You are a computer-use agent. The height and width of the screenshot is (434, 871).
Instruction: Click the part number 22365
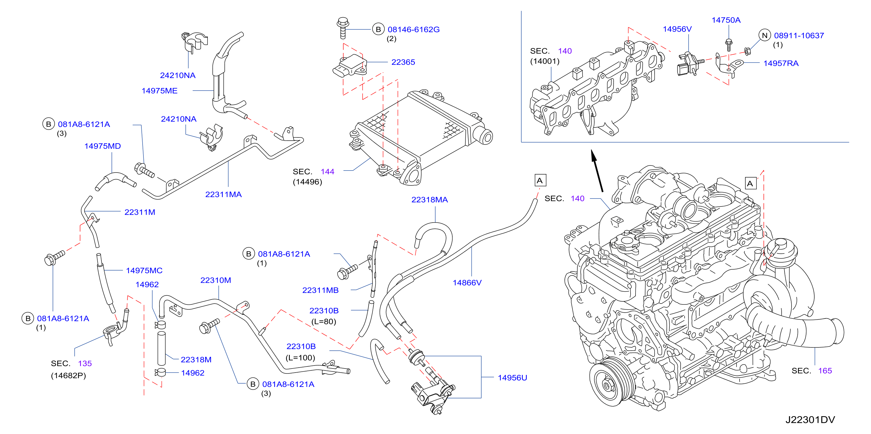point(403,62)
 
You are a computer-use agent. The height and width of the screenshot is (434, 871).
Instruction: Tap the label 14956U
point(512,378)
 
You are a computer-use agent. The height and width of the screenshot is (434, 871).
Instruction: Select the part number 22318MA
point(430,200)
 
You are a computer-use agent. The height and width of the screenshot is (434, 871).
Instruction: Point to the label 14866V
point(467,283)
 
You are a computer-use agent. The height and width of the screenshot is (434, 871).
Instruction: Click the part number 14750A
point(726,20)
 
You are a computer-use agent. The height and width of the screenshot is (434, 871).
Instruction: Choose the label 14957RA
point(781,63)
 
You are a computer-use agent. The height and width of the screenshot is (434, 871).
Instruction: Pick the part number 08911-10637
point(799,36)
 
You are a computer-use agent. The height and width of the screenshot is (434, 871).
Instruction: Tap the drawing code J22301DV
point(810,420)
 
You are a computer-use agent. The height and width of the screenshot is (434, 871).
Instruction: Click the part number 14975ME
point(159,91)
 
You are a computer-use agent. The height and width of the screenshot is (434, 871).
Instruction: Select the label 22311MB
point(320,290)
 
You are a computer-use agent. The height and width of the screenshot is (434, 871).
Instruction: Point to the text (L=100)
point(300,358)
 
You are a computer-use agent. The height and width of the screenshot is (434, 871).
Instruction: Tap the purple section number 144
point(327,172)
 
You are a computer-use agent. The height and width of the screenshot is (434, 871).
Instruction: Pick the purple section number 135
point(85,364)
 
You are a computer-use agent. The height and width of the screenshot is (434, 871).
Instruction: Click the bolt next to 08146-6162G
point(343,28)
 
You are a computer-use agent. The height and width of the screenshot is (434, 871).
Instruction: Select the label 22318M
point(196,359)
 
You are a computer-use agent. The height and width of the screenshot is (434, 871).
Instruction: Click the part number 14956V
point(677,29)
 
